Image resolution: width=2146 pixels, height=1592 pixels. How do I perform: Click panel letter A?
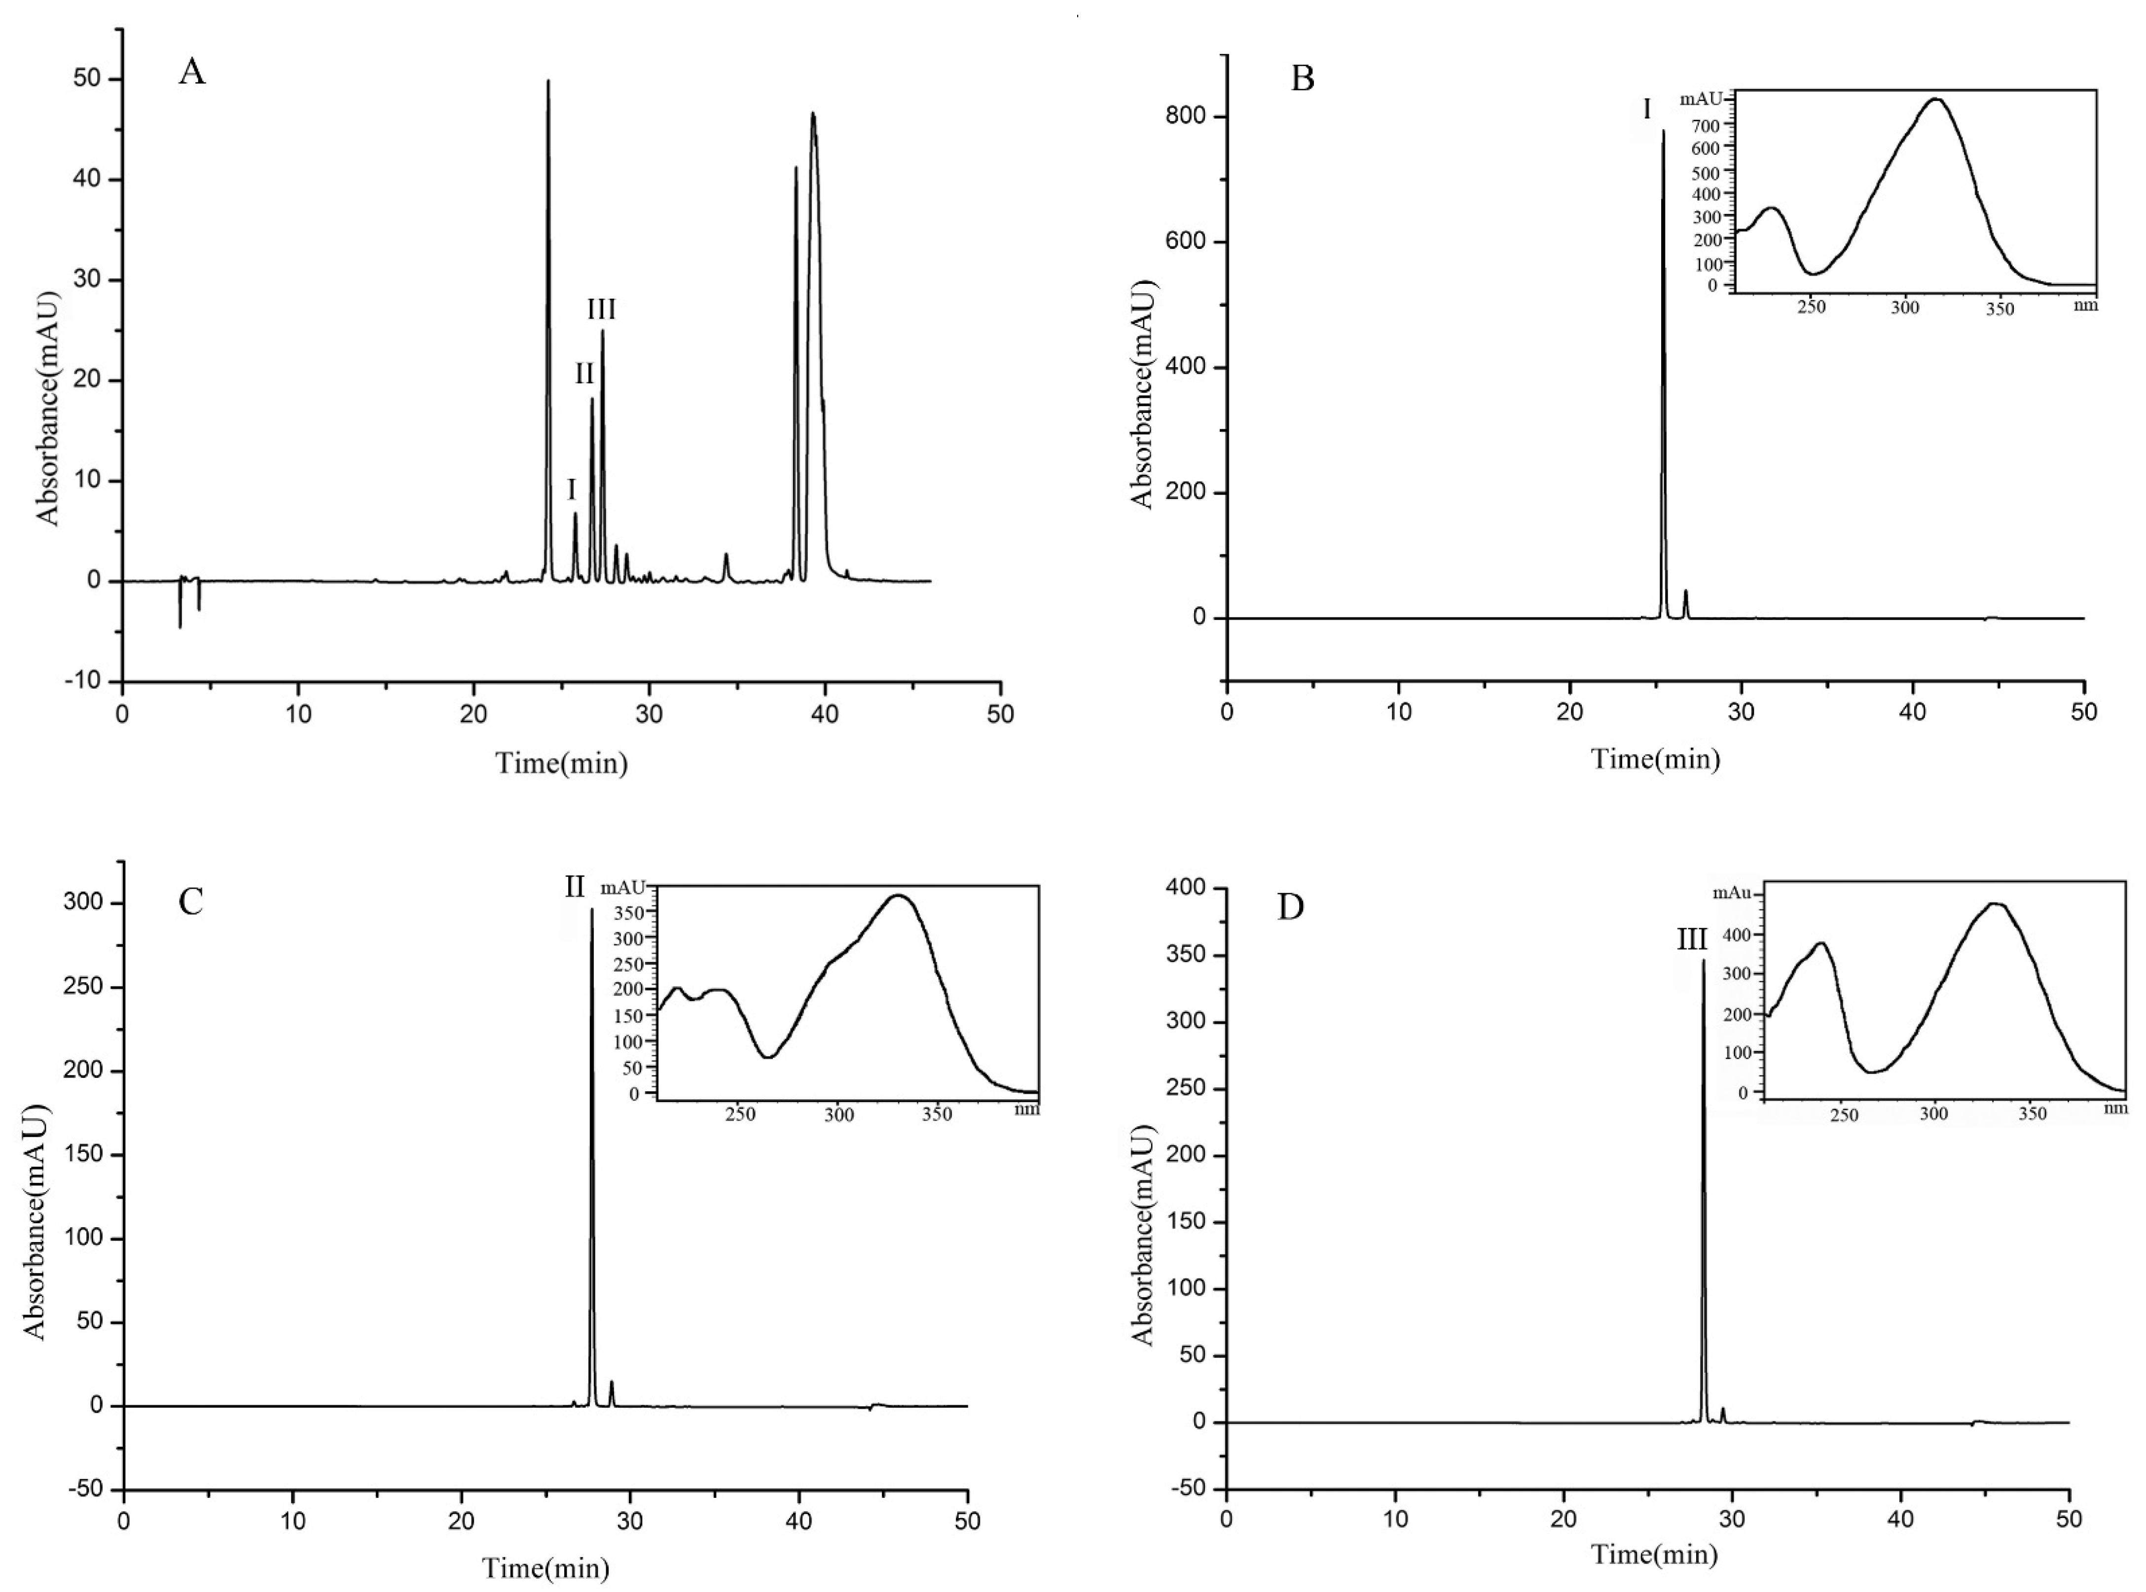pyautogui.click(x=192, y=72)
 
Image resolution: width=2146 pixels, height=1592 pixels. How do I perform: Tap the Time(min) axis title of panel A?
pyautogui.click(x=562, y=764)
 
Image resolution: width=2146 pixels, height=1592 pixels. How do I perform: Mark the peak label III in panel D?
pyautogui.click(x=1692, y=939)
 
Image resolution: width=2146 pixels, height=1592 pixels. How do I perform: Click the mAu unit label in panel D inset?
pyautogui.click(x=1732, y=893)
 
